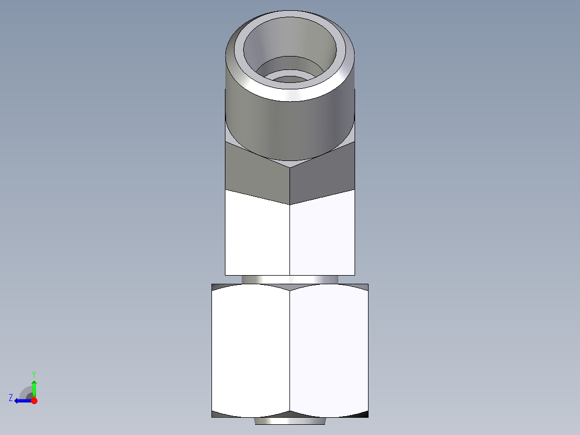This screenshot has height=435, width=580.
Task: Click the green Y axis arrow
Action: coord(34,387)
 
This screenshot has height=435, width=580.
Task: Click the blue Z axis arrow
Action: coord(22,401)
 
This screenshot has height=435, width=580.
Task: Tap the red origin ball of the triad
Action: coord(34,401)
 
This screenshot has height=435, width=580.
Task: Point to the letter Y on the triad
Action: coord(33,374)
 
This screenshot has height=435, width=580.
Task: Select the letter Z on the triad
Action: coord(11,397)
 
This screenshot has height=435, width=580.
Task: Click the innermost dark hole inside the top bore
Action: coord(291,80)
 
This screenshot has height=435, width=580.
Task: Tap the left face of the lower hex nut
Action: coord(250,350)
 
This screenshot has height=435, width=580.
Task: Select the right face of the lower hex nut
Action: coord(329,350)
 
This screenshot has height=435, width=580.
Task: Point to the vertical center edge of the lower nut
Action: coord(289,350)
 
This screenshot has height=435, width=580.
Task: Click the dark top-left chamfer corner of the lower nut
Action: coord(217,287)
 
